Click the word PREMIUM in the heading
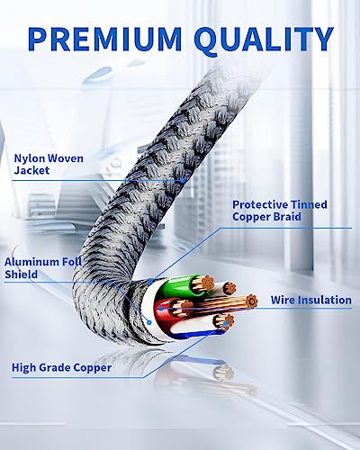tap(104, 39)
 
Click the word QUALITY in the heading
tap(264, 40)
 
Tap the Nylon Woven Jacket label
tap(49, 164)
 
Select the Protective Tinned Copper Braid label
tap(280, 211)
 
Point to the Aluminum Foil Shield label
tap(43, 268)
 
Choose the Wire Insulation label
tap(311, 300)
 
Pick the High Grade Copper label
tap(61, 368)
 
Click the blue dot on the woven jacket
tap(183, 181)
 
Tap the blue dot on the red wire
tap(161, 309)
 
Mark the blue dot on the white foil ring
tap(149, 322)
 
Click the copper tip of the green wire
tap(207, 282)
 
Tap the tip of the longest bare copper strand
tap(251, 301)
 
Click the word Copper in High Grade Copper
tap(93, 368)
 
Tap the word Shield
tap(22, 274)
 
